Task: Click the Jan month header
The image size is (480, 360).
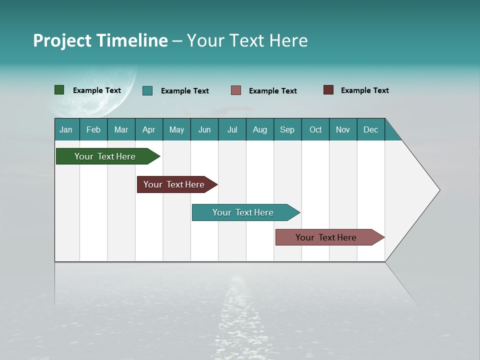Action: [66, 129]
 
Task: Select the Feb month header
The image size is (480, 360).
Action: [93, 129]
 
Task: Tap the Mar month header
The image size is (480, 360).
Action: [121, 129]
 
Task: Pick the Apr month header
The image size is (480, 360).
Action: [149, 129]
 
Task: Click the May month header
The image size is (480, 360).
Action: [176, 129]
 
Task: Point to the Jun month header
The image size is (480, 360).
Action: [204, 129]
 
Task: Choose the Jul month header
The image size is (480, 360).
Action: [232, 129]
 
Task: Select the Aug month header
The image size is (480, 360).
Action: [260, 129]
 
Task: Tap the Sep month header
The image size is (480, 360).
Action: [287, 129]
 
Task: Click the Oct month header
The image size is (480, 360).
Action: [315, 129]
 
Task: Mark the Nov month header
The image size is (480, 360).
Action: [343, 129]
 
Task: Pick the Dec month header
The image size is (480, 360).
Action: [371, 129]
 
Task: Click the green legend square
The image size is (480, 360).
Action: [59, 90]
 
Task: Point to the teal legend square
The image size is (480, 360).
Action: [147, 90]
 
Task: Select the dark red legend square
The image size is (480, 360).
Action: [328, 90]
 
